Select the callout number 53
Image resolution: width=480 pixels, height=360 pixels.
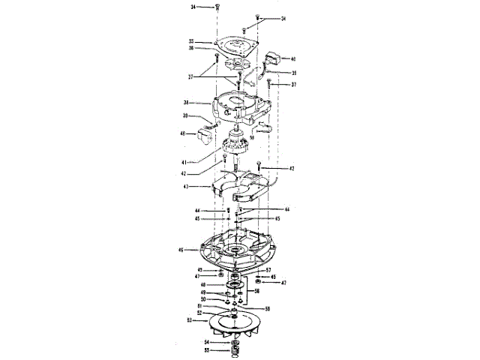[x=190, y=320]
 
